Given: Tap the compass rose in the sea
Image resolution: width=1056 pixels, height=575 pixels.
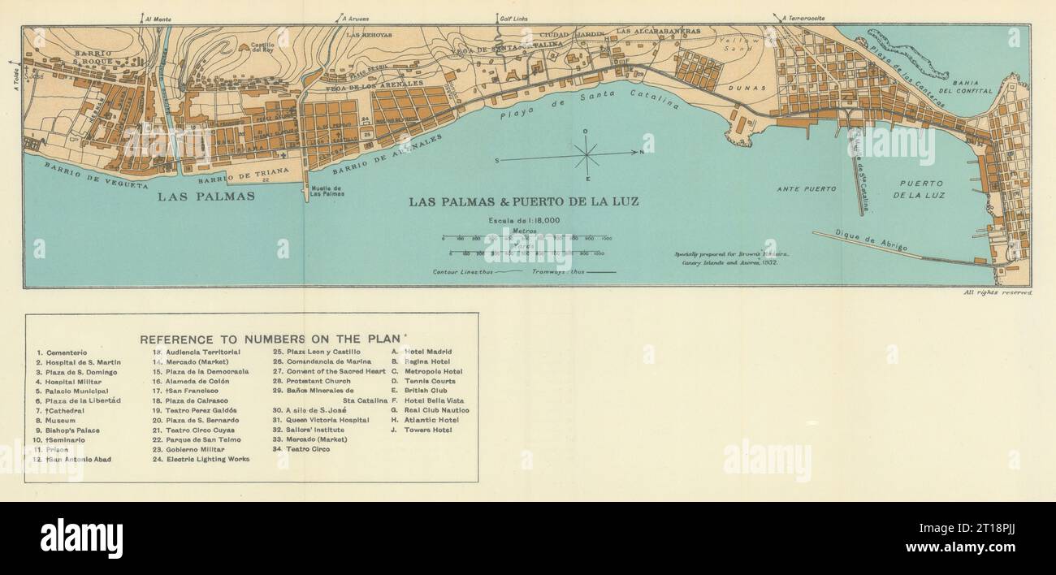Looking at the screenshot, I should (586, 152).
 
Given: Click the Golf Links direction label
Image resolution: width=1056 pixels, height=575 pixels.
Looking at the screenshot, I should (498, 18).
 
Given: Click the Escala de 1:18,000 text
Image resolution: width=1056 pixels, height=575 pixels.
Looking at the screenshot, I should (524, 221).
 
